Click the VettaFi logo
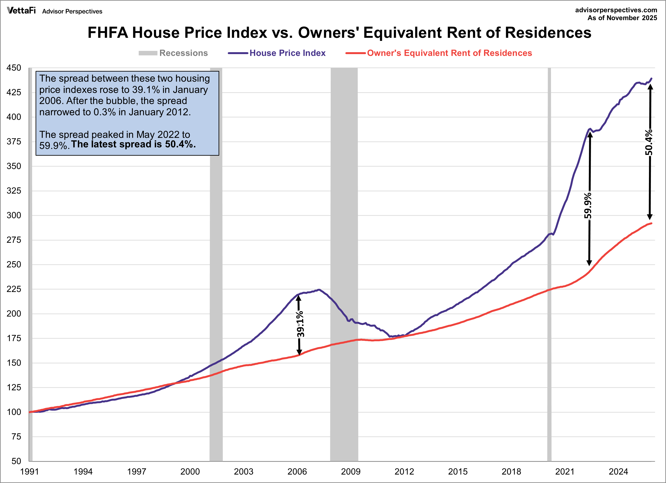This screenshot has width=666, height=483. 21,11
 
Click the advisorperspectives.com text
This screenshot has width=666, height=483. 616,10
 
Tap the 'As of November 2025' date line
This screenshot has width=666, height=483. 622,18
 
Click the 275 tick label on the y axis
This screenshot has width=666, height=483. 14,240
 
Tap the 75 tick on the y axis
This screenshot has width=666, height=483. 16,437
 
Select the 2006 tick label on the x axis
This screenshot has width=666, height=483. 297,471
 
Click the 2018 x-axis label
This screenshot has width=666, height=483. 511,471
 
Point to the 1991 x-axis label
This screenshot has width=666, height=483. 29,471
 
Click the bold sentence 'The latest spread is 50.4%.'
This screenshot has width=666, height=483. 133,144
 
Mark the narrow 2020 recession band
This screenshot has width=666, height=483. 549,264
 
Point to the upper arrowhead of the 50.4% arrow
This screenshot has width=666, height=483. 650,87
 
